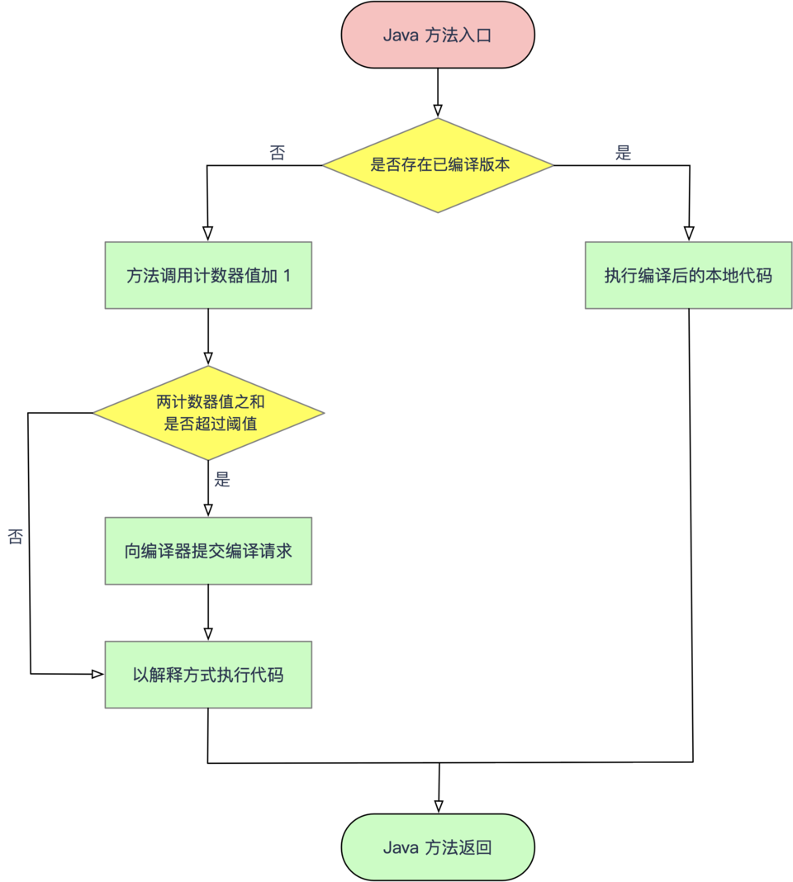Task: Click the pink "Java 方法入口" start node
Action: click(x=438, y=35)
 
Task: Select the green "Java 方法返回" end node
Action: click(x=438, y=847)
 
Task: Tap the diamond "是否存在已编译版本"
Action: click(x=438, y=165)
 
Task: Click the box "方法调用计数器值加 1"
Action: click(x=208, y=275)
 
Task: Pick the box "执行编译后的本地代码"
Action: click(x=688, y=275)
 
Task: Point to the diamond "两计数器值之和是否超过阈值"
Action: click(x=208, y=413)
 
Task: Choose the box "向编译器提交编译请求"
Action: click(x=208, y=551)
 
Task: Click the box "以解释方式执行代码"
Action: click(x=208, y=675)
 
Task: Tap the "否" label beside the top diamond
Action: click(x=278, y=153)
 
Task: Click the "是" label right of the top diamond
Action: click(x=624, y=153)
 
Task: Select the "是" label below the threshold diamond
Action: click(x=222, y=480)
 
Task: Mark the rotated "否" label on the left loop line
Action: click(x=16, y=537)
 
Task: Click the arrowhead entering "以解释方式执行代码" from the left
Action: click(x=97, y=675)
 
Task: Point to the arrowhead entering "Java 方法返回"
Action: click(x=439, y=807)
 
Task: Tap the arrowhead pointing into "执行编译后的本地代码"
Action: click(x=689, y=234)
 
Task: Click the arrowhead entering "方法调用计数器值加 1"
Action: click(x=207, y=234)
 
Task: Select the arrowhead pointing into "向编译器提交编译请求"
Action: click(x=208, y=510)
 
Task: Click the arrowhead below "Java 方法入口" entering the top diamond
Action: click(x=438, y=111)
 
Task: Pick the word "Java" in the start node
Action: click(x=400, y=36)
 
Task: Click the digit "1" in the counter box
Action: click(x=287, y=276)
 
